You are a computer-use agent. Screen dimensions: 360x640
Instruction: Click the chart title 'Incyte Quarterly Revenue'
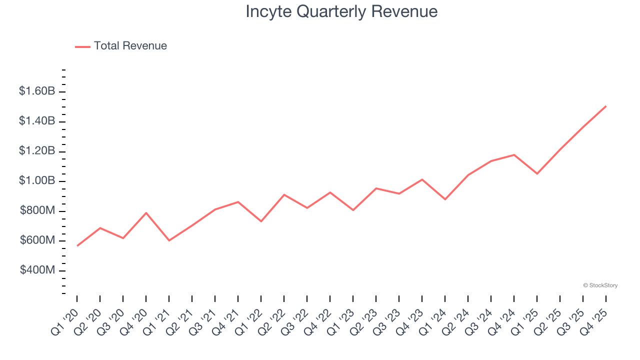tap(341, 11)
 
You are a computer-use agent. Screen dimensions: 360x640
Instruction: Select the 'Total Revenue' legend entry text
tap(130, 46)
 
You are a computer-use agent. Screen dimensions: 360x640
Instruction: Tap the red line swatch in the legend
tap(82, 46)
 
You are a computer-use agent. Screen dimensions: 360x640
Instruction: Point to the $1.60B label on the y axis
tap(37, 91)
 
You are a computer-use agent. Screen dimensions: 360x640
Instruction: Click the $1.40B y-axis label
tap(37, 121)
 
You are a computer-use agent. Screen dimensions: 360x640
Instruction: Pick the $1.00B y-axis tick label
tap(37, 180)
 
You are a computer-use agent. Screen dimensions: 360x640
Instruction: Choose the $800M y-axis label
tap(37, 210)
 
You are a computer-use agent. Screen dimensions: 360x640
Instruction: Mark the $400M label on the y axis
tap(37, 270)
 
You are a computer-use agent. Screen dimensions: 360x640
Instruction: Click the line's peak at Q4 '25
tap(606, 106)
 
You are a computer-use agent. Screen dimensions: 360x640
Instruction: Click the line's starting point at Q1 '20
tap(77, 245)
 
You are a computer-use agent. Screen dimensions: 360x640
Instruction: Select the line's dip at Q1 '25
tap(537, 173)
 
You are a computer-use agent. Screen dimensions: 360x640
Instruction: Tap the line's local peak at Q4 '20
tap(146, 213)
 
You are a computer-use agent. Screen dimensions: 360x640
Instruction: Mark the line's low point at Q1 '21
tap(169, 240)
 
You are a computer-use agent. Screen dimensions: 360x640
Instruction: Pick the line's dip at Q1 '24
tap(445, 199)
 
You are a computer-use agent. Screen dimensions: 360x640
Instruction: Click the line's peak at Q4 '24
tap(514, 154)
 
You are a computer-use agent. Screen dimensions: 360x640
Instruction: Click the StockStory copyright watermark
tap(600, 285)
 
